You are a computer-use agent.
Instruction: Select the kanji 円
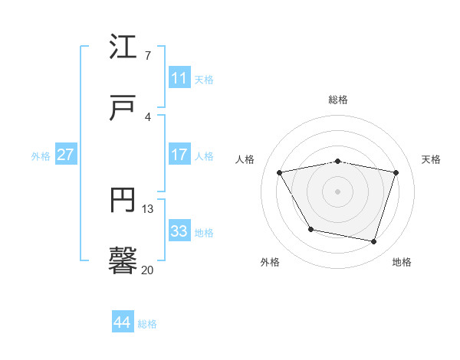click(x=123, y=201)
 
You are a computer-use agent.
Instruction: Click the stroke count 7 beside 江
click(x=148, y=55)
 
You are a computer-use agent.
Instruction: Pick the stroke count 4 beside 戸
click(x=148, y=116)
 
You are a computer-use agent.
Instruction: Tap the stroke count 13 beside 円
click(x=148, y=208)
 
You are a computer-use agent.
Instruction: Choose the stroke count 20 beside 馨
click(x=148, y=270)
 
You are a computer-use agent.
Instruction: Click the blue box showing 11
click(x=179, y=78)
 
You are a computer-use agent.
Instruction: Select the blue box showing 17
click(x=179, y=155)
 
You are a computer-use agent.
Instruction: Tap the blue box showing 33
click(x=179, y=231)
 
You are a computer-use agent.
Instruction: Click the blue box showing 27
click(x=66, y=155)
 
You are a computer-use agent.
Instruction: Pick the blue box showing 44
click(x=123, y=322)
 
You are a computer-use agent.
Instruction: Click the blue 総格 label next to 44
click(x=147, y=324)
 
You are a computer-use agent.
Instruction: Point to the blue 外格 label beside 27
click(x=41, y=156)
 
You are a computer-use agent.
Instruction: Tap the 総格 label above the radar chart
click(x=338, y=100)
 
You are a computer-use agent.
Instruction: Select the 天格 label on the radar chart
click(x=432, y=159)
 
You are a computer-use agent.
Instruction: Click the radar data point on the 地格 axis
click(x=374, y=242)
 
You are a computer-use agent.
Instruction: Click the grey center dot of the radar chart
click(x=338, y=191)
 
